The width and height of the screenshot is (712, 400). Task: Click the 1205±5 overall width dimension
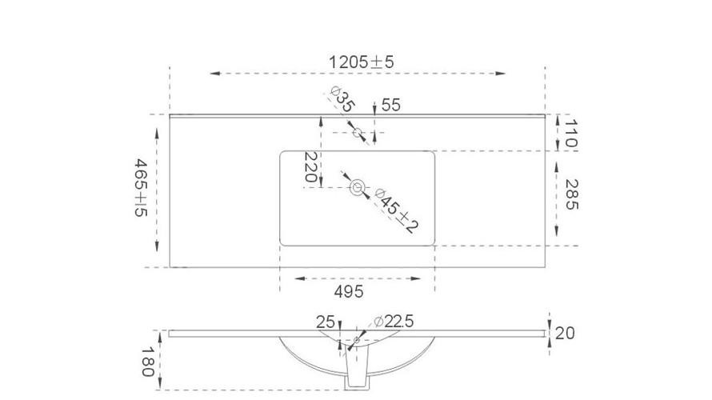tap(361, 62)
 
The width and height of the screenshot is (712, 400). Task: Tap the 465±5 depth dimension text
tap(142, 187)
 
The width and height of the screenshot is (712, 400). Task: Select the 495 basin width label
tap(349, 291)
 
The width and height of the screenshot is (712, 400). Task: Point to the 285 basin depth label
tap(572, 194)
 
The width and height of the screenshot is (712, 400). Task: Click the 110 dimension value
tap(570, 134)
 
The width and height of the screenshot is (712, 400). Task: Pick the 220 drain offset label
tap(310, 166)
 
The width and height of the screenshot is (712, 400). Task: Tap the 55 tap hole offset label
tap(391, 105)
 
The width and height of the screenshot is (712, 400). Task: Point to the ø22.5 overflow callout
tap(394, 322)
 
